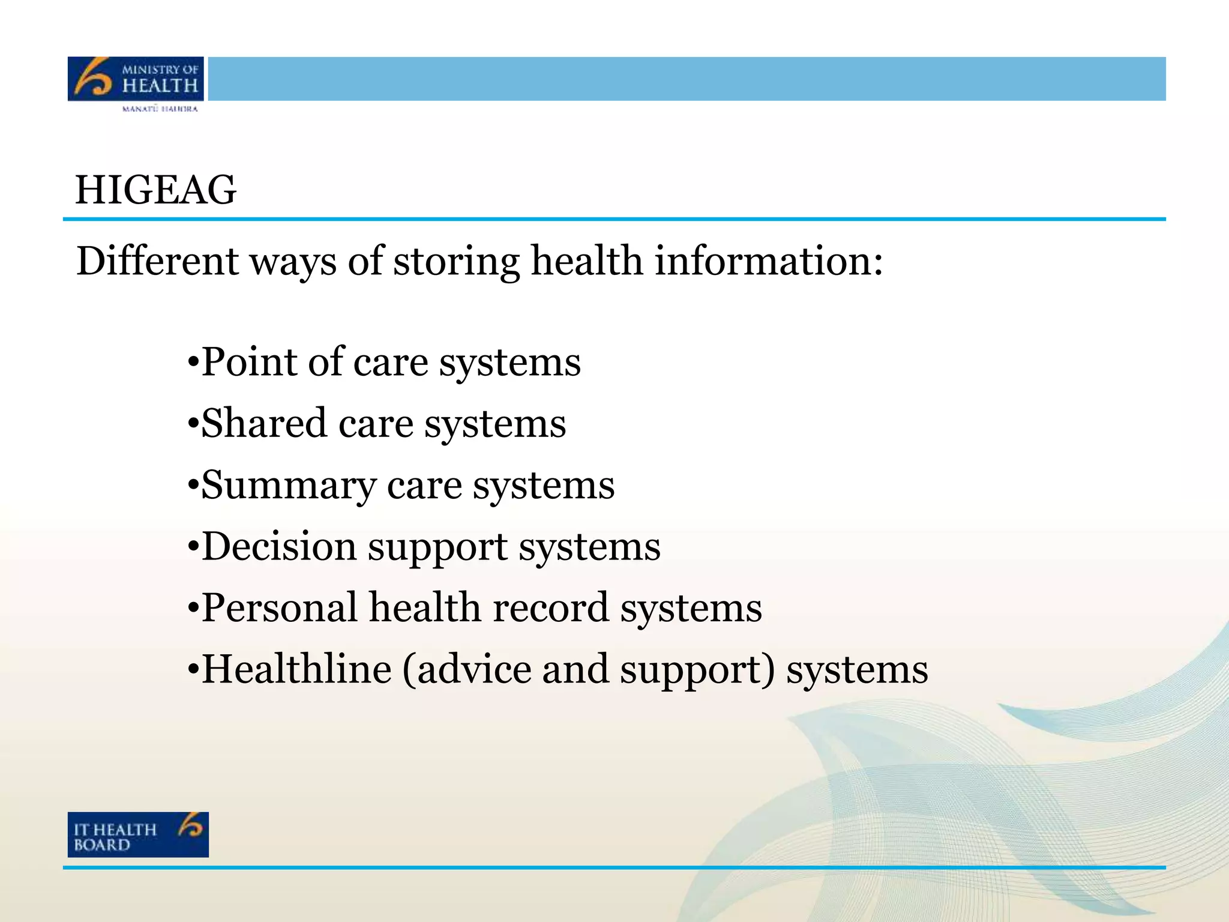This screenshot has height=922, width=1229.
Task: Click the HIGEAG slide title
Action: (155, 190)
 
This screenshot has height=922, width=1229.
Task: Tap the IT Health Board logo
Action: (138, 834)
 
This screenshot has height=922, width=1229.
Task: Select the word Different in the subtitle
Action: (158, 261)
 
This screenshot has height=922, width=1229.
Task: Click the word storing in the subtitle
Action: (456, 262)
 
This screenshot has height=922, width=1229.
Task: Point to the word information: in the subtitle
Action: (769, 261)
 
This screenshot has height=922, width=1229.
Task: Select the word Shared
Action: (265, 423)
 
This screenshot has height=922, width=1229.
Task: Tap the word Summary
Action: (289, 486)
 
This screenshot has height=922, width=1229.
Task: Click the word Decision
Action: (279, 546)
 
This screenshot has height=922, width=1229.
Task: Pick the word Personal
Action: (280, 607)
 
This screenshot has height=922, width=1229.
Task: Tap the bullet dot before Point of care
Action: (193, 363)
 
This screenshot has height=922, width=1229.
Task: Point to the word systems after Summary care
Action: (544, 486)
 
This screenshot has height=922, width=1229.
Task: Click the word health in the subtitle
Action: (587, 261)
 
